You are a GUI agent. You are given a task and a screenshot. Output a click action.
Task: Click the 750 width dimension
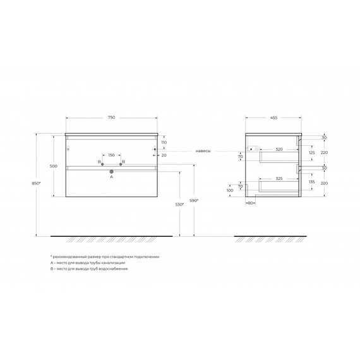(x=111, y=118)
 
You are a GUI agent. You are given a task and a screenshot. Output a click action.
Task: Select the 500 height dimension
(x=54, y=166)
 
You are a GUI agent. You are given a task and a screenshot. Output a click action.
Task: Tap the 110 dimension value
(x=164, y=143)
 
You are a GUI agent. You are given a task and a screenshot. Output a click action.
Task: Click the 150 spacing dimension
(x=111, y=155)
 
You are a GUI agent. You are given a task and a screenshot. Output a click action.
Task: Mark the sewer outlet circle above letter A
(x=111, y=171)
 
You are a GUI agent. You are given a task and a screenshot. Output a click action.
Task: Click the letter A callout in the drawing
(x=111, y=177)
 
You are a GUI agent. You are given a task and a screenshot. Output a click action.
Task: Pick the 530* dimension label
(x=179, y=203)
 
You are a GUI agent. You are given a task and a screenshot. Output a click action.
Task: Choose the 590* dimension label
(x=194, y=200)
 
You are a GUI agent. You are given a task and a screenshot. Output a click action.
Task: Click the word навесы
(x=203, y=152)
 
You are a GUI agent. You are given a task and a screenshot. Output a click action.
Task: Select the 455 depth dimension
(x=273, y=118)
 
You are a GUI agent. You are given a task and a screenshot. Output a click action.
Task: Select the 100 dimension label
(x=230, y=189)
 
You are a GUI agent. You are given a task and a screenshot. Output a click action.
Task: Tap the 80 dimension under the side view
(x=251, y=203)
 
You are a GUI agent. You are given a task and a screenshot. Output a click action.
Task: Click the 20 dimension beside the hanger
(x=164, y=155)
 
